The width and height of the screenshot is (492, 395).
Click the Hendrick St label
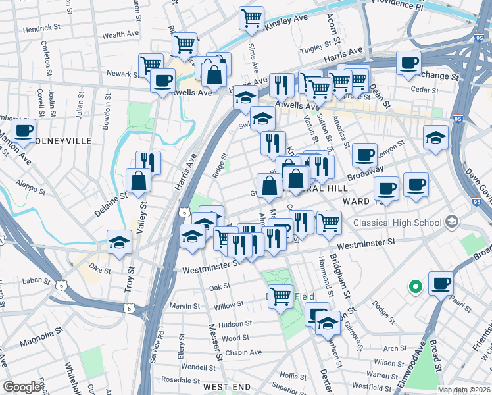click(x=41, y=30)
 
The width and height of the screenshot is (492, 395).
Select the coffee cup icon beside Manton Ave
click(x=23, y=130)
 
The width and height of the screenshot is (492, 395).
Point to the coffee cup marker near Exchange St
click(x=409, y=63)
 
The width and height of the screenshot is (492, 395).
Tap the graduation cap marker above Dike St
click(x=120, y=242)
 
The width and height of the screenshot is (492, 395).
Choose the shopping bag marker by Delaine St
click(x=138, y=180)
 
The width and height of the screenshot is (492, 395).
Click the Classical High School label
click(x=397, y=223)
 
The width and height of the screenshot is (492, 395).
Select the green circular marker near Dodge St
click(x=415, y=286)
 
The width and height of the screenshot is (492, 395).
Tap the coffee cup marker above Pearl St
click(x=441, y=283)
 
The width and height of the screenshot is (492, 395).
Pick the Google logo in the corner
click(x=22, y=387)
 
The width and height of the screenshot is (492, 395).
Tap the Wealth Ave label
click(x=120, y=34)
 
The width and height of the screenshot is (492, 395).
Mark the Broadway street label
click(x=365, y=174)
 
